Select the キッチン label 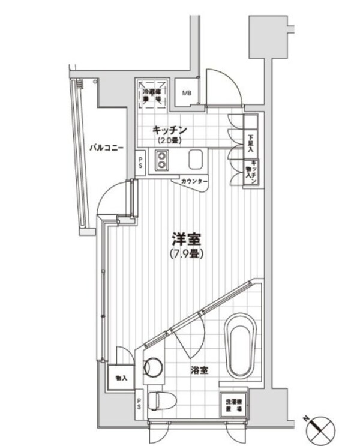tap(170, 130)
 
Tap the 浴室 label tap(199, 371)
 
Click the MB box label tap(188, 93)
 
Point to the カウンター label tap(194, 181)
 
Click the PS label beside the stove tap(140, 163)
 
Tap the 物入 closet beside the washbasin tap(121, 378)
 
